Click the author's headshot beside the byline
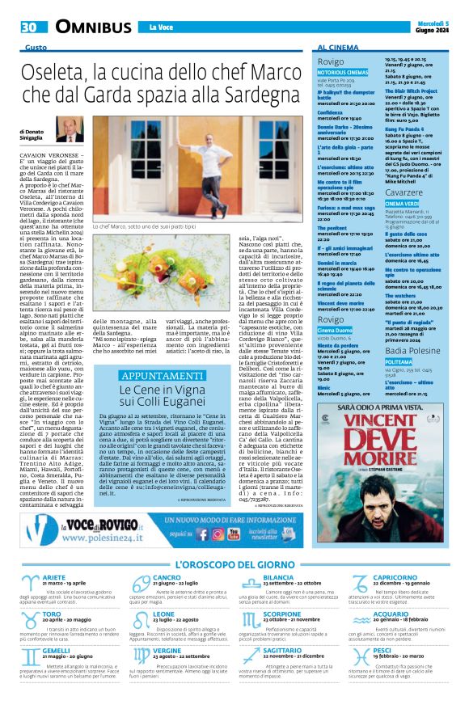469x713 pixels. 70,129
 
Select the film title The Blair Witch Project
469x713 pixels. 414,91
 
